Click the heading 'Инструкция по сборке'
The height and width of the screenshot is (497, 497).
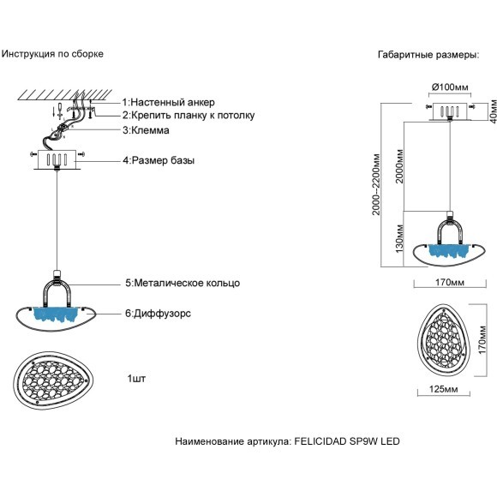[52, 53]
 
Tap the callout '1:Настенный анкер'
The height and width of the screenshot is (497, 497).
[169, 102]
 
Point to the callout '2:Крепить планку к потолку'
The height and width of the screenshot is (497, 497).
[188, 116]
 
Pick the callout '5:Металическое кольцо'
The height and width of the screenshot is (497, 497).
[182, 283]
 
